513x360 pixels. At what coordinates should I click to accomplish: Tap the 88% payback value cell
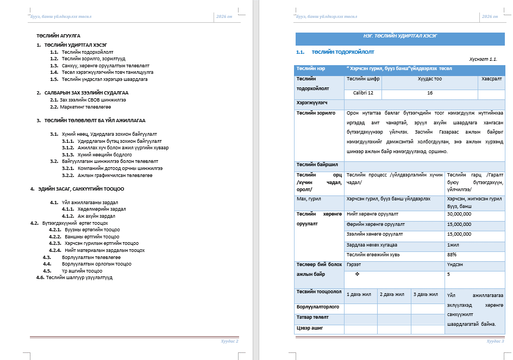[x=452, y=254]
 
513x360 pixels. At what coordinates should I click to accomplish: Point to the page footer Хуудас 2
[x=230, y=341]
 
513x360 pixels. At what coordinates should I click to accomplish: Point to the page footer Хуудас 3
[x=495, y=341]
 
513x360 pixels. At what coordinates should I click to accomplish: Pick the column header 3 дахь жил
[x=426, y=294]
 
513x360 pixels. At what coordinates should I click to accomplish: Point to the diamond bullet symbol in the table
[x=357, y=274]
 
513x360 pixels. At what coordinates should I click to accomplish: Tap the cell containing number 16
[x=429, y=93]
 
